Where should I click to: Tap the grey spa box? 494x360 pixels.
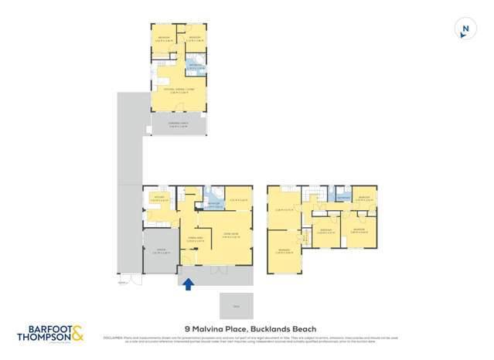click(237, 305)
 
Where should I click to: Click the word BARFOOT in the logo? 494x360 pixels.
click(41, 328)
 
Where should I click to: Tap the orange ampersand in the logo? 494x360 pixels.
click(79, 333)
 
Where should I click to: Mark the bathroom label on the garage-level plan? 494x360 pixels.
click(213, 205)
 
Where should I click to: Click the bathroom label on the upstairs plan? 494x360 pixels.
click(343, 199)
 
